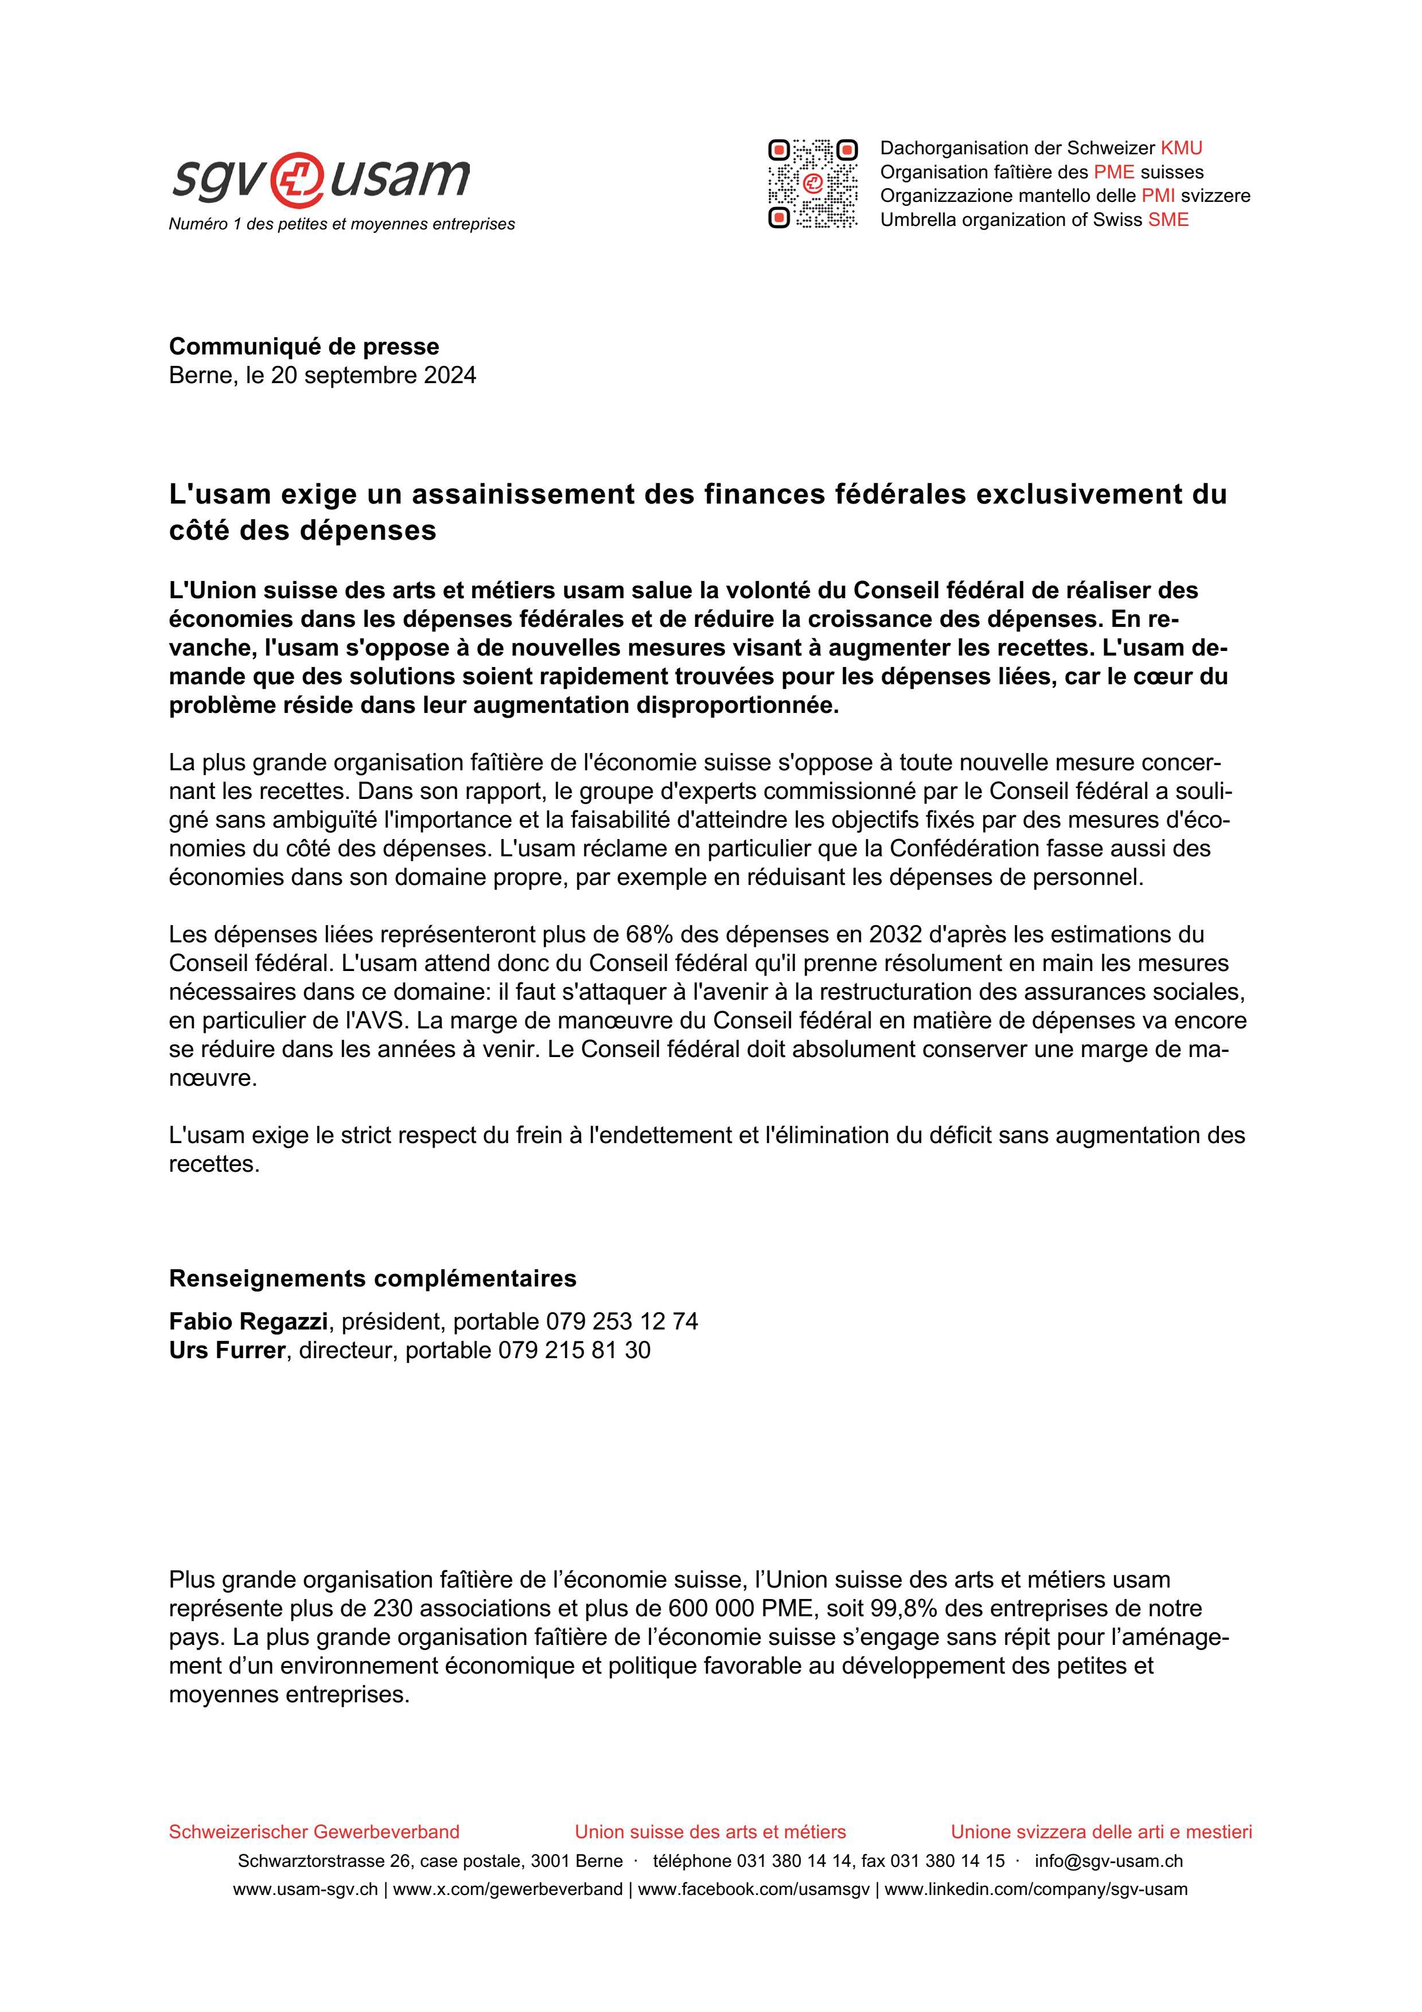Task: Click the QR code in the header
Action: pyautogui.click(x=812, y=184)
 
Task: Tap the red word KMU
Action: pyautogui.click(x=1181, y=148)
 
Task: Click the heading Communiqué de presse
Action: pyautogui.click(x=304, y=346)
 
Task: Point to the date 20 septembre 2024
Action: pyautogui.click(x=373, y=376)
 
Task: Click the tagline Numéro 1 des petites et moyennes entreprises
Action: pyautogui.click(x=342, y=224)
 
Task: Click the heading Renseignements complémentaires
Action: pyautogui.click(x=372, y=1278)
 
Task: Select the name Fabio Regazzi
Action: pyautogui.click(x=248, y=1321)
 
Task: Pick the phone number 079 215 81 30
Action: pyautogui.click(x=574, y=1350)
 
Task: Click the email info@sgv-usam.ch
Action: pyautogui.click(x=1108, y=1861)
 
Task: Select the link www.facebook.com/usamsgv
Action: pyautogui.click(x=754, y=1889)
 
